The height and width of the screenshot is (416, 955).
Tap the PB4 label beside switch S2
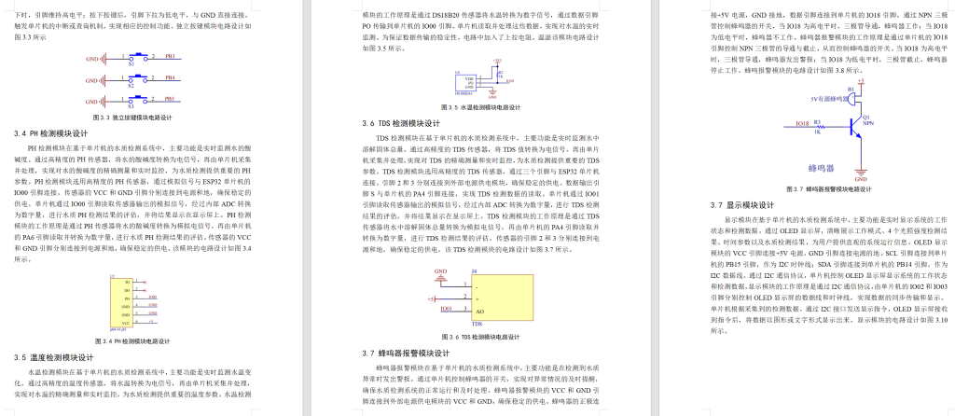(171, 78)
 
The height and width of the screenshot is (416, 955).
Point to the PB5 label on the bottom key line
(171, 99)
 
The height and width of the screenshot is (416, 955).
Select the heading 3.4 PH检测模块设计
(58, 133)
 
